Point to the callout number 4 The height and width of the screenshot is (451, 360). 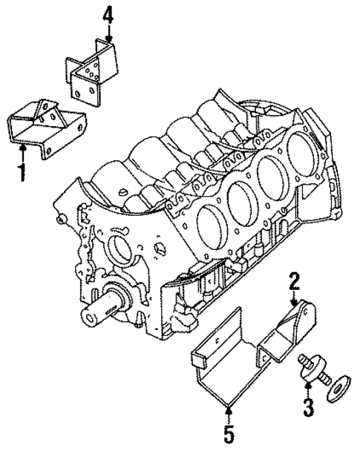tap(108, 14)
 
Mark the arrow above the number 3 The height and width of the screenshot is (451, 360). tap(305, 386)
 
